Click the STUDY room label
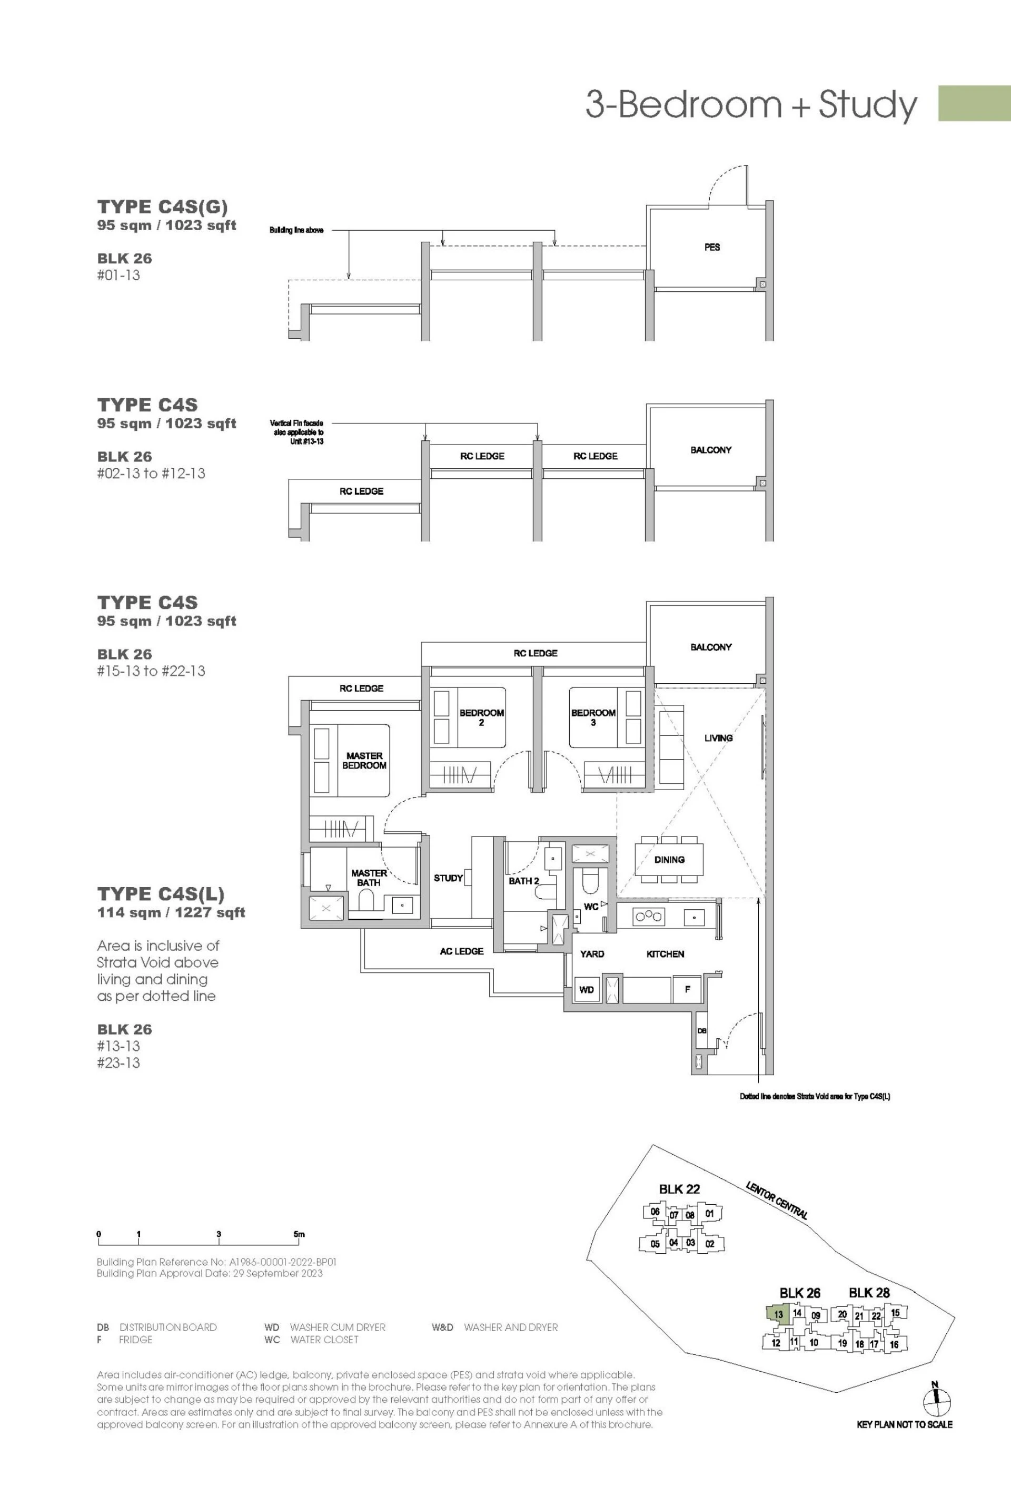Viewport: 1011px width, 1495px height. (448, 878)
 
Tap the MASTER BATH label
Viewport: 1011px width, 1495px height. (369, 878)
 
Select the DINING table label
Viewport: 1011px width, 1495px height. (669, 859)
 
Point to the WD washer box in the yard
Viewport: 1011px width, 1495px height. (587, 989)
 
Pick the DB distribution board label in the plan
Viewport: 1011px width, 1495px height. (702, 1031)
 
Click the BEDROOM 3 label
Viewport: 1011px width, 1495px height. (593, 717)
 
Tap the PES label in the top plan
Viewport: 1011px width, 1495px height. (712, 247)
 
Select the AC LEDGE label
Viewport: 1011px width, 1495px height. (462, 951)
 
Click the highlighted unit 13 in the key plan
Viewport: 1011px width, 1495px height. (778, 1314)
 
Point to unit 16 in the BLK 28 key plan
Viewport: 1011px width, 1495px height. (894, 1344)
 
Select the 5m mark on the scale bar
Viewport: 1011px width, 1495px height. (299, 1234)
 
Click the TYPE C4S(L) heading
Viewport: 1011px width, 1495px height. (161, 894)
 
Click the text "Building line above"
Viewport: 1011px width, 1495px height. (296, 230)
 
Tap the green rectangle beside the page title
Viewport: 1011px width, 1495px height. (974, 103)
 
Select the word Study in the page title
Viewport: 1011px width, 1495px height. (868, 105)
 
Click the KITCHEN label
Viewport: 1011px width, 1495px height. (665, 954)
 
